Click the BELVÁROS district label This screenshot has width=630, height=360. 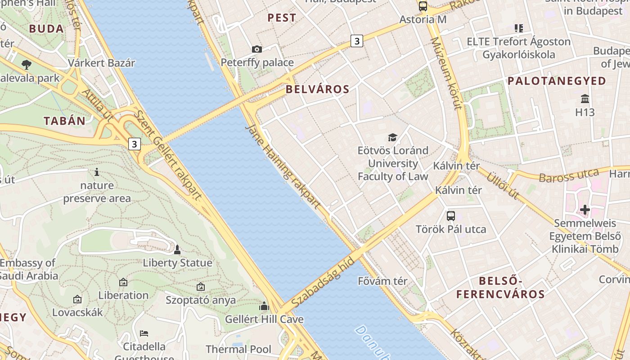pyautogui.click(x=317, y=89)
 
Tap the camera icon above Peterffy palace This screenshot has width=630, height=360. pyautogui.click(x=257, y=49)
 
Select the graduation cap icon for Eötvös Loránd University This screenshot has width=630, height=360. pyautogui.click(x=393, y=137)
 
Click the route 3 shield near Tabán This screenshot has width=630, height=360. pyautogui.click(x=134, y=144)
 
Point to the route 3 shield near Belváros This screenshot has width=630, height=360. pyautogui.click(x=357, y=41)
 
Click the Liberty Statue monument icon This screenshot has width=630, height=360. pyautogui.click(x=177, y=250)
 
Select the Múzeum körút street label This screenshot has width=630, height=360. pyautogui.click(x=446, y=73)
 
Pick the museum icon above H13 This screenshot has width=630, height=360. pyautogui.click(x=585, y=99)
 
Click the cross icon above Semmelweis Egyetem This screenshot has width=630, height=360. pyautogui.click(x=585, y=210)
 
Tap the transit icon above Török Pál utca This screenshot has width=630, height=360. pyautogui.click(x=451, y=216)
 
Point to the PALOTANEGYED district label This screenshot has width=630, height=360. pyautogui.click(x=557, y=81)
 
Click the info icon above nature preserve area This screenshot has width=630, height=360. pyautogui.click(x=96, y=172)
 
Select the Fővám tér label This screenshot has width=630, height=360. pyautogui.click(x=382, y=281)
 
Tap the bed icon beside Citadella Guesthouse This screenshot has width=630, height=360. pyautogui.click(x=144, y=333)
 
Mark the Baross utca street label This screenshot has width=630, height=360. pyautogui.click(x=569, y=175)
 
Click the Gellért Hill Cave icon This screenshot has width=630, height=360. pyautogui.click(x=264, y=306)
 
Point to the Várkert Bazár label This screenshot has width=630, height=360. pyautogui.click(x=101, y=63)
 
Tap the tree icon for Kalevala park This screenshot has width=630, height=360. pyautogui.click(x=27, y=64)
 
